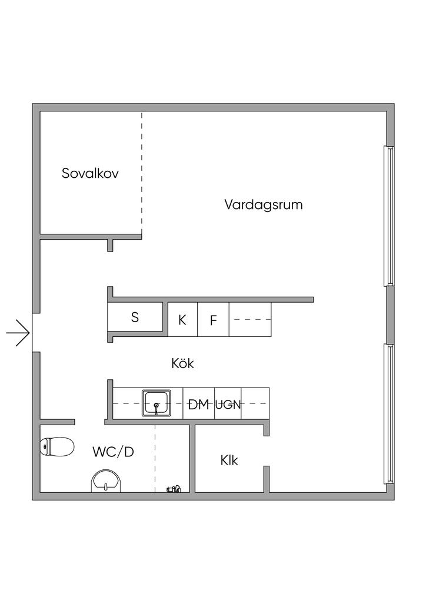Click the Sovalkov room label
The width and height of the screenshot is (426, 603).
(x=91, y=174)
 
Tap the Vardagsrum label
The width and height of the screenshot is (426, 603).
(x=263, y=205)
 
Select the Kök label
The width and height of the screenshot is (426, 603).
(x=182, y=363)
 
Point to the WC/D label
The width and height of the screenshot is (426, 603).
(x=113, y=452)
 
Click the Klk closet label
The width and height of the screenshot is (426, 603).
(x=229, y=460)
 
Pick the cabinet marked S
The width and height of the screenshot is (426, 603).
(x=135, y=318)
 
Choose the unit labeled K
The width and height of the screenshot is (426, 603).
(x=182, y=320)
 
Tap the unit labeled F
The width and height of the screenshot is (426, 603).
(x=214, y=320)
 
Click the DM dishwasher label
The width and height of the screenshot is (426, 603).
(x=198, y=404)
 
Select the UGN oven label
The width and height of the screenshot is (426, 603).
(x=228, y=405)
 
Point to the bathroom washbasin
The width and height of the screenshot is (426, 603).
(x=106, y=481)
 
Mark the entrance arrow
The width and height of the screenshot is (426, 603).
(x=18, y=333)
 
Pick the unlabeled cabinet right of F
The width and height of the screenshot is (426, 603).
(x=250, y=320)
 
